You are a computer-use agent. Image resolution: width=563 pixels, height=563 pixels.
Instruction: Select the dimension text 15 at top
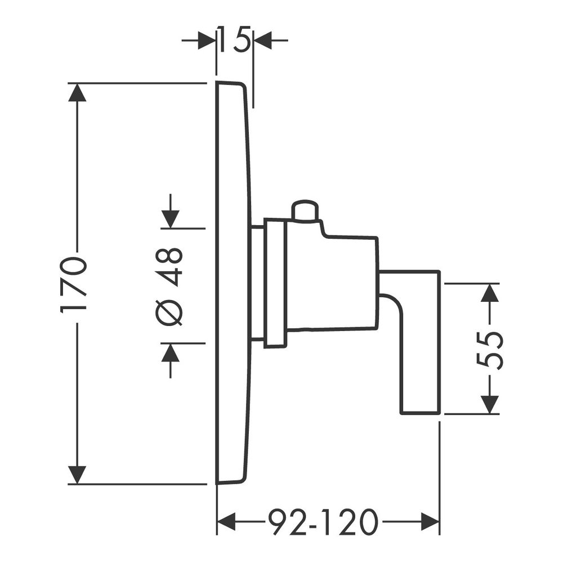tap(234, 39)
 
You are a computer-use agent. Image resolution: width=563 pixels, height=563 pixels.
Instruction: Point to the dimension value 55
tap(490, 350)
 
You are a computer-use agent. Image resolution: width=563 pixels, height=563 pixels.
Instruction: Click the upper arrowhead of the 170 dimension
tap(77, 92)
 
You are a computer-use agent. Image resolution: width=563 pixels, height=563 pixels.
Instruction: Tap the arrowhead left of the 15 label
tap(207, 40)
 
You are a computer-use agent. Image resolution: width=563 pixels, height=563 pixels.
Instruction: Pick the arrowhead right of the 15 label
tap(263, 40)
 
